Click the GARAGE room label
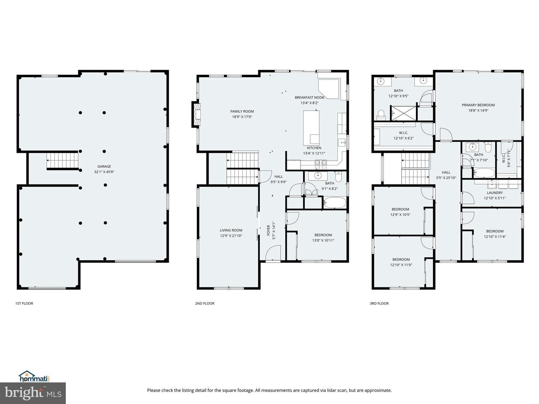click(x=104, y=166)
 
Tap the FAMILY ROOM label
click(x=242, y=111)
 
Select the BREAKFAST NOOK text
click(x=310, y=97)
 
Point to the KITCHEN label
click(x=314, y=148)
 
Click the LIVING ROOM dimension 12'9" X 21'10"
click(x=231, y=236)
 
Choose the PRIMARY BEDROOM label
click(x=478, y=105)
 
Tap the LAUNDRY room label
click(x=494, y=193)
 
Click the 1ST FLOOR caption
click(x=24, y=303)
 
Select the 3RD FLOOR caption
click(x=379, y=303)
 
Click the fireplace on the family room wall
click(x=196, y=114)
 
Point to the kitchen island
click(x=311, y=128)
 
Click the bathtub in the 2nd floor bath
click(x=335, y=203)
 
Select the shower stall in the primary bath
click(x=403, y=113)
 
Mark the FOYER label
click(x=268, y=230)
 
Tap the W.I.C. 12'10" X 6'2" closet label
click(x=404, y=135)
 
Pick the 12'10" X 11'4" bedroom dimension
click(x=494, y=237)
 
